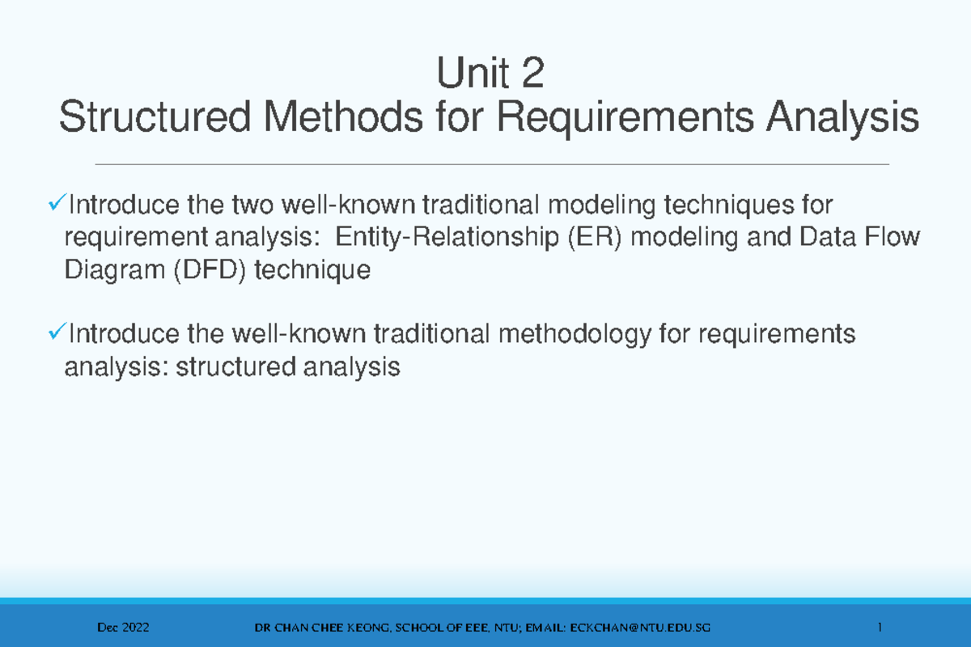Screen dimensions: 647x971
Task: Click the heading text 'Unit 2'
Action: (x=490, y=77)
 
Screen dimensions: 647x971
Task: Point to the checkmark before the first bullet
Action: (x=57, y=205)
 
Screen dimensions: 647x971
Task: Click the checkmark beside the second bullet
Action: (x=57, y=332)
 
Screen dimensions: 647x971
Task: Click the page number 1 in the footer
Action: (x=878, y=628)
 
